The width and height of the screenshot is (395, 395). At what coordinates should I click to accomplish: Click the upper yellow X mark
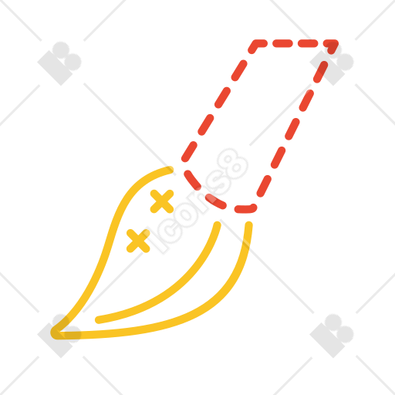click(x=162, y=201)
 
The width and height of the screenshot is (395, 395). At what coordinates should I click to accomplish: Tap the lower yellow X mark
click(x=138, y=241)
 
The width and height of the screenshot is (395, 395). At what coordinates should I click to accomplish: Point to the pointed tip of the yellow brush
click(x=55, y=333)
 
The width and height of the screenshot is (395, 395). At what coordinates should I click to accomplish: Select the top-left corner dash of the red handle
click(x=256, y=45)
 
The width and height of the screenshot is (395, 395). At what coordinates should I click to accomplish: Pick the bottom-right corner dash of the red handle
click(x=246, y=209)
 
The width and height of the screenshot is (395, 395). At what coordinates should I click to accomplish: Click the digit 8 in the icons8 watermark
click(x=233, y=164)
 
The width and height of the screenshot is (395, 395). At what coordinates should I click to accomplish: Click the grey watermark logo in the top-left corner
click(x=59, y=63)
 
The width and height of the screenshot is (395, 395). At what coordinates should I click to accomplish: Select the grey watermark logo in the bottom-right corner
click(x=332, y=336)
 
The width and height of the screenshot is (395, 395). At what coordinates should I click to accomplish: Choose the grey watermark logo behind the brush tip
click(x=59, y=336)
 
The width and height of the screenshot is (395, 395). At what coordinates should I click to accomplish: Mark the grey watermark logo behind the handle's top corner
click(x=332, y=63)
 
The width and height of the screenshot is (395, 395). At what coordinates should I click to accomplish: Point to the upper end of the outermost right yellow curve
click(x=249, y=225)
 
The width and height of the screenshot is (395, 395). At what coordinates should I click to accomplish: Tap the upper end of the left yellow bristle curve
click(x=170, y=170)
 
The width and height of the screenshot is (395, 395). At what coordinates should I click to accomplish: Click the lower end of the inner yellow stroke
click(x=99, y=320)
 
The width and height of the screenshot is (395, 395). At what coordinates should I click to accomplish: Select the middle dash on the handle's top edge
click(x=282, y=43)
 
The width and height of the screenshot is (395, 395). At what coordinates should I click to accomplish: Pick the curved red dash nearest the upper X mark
click(x=192, y=180)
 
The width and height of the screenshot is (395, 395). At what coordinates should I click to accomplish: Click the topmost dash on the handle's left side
click(x=239, y=70)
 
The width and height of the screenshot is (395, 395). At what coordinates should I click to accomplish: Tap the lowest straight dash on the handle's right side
click(x=264, y=186)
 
